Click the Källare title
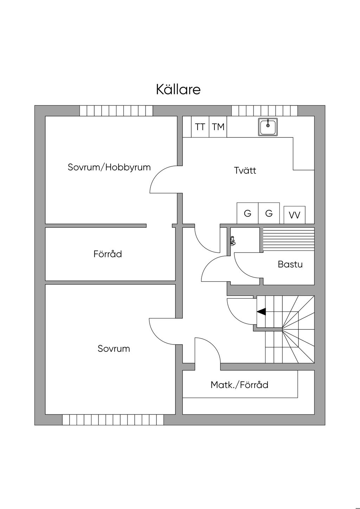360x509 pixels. coord(178,89)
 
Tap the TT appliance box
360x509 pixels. coord(200,127)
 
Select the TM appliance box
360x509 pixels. coord(218,127)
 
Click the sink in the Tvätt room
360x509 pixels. coord(268,127)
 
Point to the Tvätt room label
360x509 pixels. coord(245,171)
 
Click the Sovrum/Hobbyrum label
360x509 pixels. coord(109,167)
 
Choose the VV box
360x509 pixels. coord(294,215)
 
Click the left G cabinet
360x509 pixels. coord(247,213)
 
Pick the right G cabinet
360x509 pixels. coord(269,213)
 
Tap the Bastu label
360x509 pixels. coord(290,264)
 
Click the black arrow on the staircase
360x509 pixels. coord(261,311)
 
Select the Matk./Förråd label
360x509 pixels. coord(239,385)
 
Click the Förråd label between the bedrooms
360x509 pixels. coord(108,254)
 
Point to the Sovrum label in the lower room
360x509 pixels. coord(114,349)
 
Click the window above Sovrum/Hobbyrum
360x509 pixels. coord(116,111)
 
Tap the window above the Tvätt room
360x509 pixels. coord(264,111)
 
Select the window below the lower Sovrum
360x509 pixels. coord(113,420)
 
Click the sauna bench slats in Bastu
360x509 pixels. coord(289,239)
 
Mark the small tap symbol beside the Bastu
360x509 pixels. coord(232,241)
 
